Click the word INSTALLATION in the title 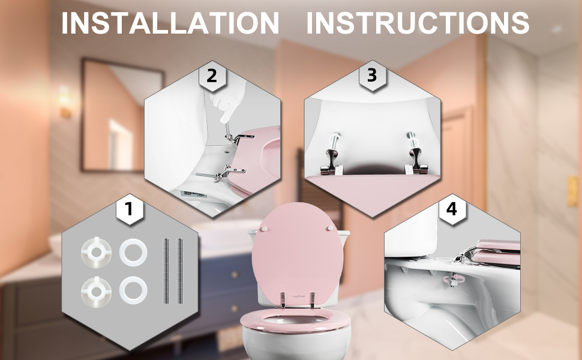[170, 23]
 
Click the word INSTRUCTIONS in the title [418, 23]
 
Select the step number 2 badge [211, 76]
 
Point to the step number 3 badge [371, 76]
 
